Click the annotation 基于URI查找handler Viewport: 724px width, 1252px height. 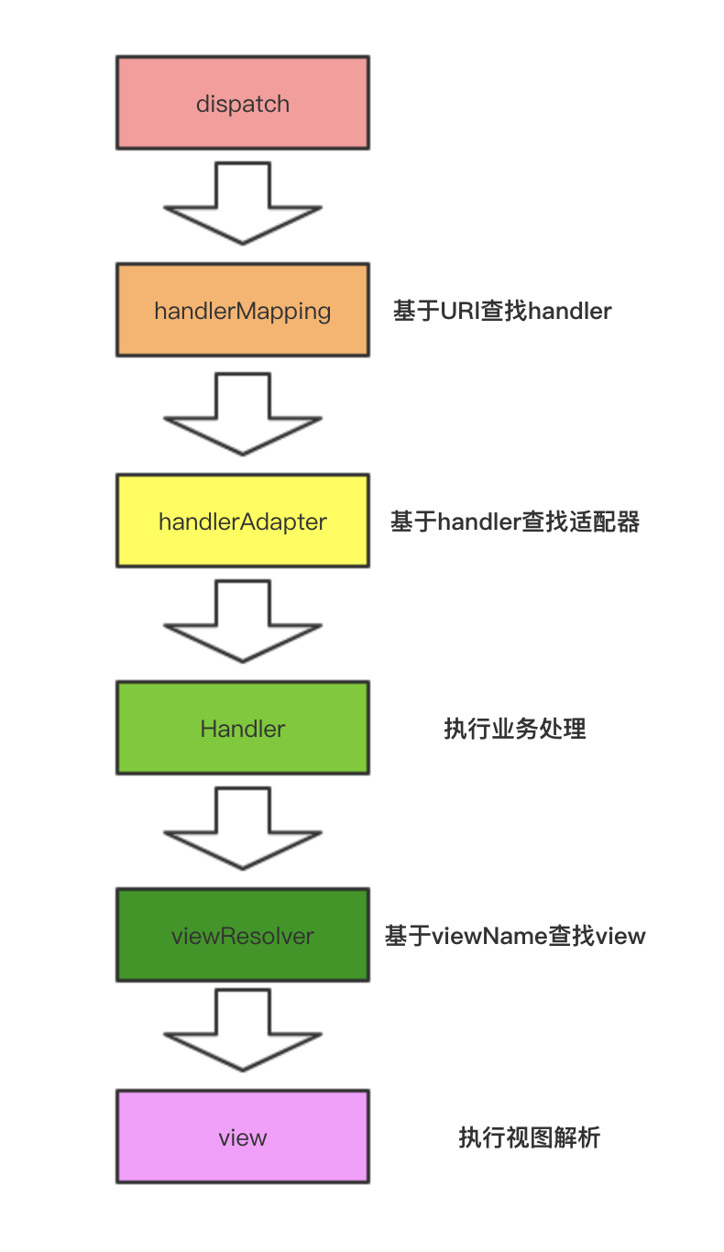(x=502, y=311)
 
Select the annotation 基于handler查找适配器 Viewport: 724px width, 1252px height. (x=515, y=522)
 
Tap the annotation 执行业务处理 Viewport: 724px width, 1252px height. (x=515, y=730)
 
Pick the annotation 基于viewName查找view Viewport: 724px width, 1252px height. (x=515, y=936)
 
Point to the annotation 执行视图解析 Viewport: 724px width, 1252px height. (x=530, y=1138)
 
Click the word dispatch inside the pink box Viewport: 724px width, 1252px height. (x=243, y=104)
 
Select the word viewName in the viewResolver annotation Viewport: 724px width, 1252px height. (x=490, y=936)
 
